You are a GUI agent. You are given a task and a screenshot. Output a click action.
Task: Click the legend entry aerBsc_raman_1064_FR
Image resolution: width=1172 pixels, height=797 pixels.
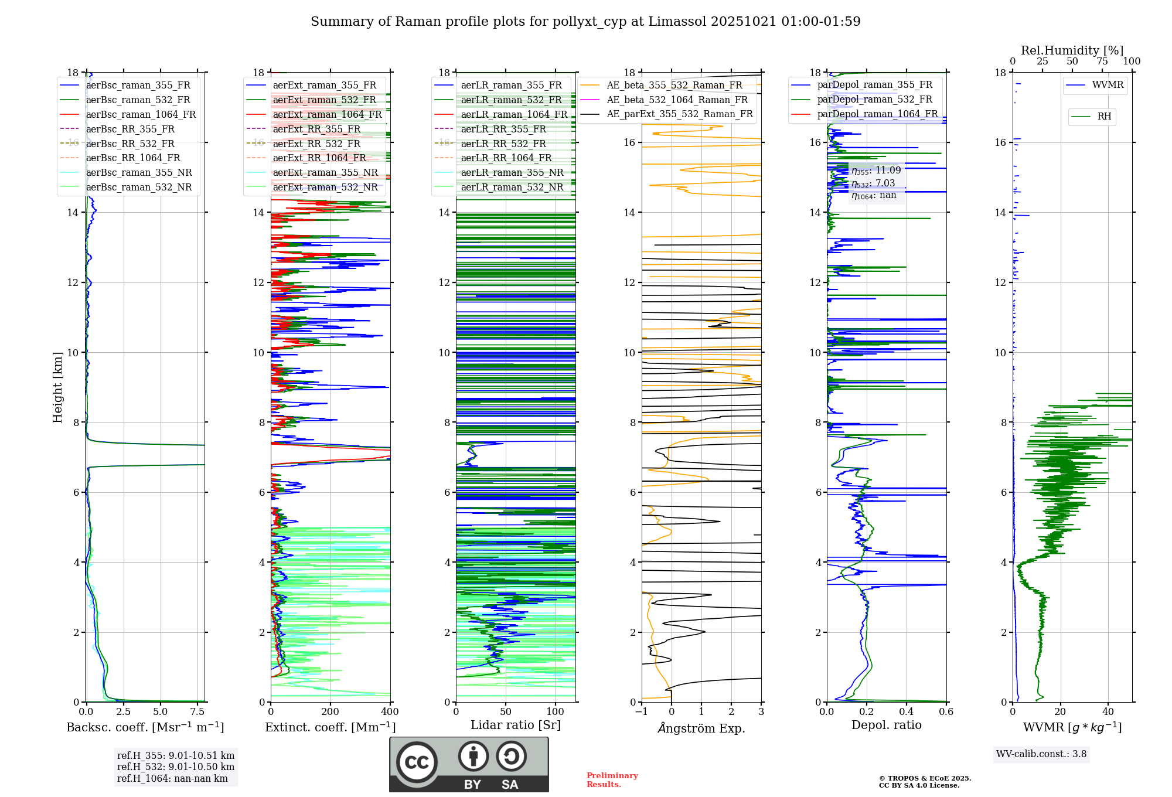click(141, 115)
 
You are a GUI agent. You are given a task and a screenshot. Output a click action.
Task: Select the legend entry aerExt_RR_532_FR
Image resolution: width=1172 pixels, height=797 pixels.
click(316, 144)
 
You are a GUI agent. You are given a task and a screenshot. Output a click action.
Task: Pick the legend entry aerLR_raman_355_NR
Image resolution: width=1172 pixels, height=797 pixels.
click(512, 173)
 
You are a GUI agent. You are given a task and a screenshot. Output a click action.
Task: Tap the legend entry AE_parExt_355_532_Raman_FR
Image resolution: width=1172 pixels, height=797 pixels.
click(679, 114)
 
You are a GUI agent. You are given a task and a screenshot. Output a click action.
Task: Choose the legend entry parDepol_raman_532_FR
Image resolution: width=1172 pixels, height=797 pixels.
click(874, 100)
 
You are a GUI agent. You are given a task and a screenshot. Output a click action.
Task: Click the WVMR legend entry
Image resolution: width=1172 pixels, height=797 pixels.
click(1108, 85)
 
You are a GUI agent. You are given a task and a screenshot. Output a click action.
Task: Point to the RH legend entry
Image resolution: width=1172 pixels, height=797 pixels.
click(1104, 117)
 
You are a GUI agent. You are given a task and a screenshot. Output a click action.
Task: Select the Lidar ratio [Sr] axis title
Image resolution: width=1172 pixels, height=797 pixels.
click(516, 725)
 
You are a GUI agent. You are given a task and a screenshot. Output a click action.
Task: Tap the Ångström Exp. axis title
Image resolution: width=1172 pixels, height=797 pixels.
click(701, 728)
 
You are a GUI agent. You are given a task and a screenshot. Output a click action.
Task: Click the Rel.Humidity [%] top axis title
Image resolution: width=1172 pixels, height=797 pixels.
click(1072, 50)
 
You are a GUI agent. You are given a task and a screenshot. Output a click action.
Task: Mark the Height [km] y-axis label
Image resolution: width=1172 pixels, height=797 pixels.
click(57, 387)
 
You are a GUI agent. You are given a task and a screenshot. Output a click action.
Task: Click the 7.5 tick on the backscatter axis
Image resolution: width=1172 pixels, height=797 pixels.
click(197, 712)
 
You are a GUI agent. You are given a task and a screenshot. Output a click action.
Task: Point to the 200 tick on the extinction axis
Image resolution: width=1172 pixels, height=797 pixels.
click(331, 712)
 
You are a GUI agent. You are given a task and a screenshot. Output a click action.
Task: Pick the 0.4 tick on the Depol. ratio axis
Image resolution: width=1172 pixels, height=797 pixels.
click(907, 712)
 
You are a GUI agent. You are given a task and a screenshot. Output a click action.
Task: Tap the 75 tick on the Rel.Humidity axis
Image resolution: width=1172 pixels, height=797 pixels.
click(1102, 62)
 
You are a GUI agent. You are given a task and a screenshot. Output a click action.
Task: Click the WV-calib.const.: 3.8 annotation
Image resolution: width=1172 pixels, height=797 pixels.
click(1041, 754)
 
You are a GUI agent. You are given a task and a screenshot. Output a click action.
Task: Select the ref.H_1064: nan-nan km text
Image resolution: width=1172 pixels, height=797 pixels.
click(172, 779)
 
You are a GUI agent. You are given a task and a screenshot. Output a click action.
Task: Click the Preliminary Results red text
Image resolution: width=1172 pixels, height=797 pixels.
click(612, 780)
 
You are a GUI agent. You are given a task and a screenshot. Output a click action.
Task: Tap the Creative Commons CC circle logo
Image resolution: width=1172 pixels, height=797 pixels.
click(417, 762)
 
